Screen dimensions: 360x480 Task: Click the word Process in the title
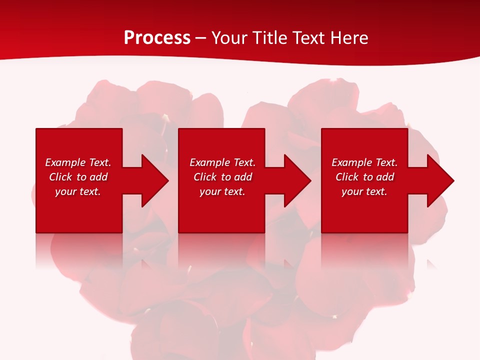pos(157,38)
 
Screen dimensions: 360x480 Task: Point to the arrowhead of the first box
pos(155,180)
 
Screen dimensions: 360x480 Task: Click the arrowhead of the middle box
pos(297,180)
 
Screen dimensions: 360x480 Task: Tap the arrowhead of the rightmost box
pos(440,180)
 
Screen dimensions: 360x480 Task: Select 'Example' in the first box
pos(65,162)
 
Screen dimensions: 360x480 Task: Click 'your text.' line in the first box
pos(78,191)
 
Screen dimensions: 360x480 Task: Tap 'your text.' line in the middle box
pos(222,191)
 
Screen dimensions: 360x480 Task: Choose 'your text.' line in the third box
pos(364,191)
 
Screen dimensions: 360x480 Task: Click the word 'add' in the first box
pos(98,177)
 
